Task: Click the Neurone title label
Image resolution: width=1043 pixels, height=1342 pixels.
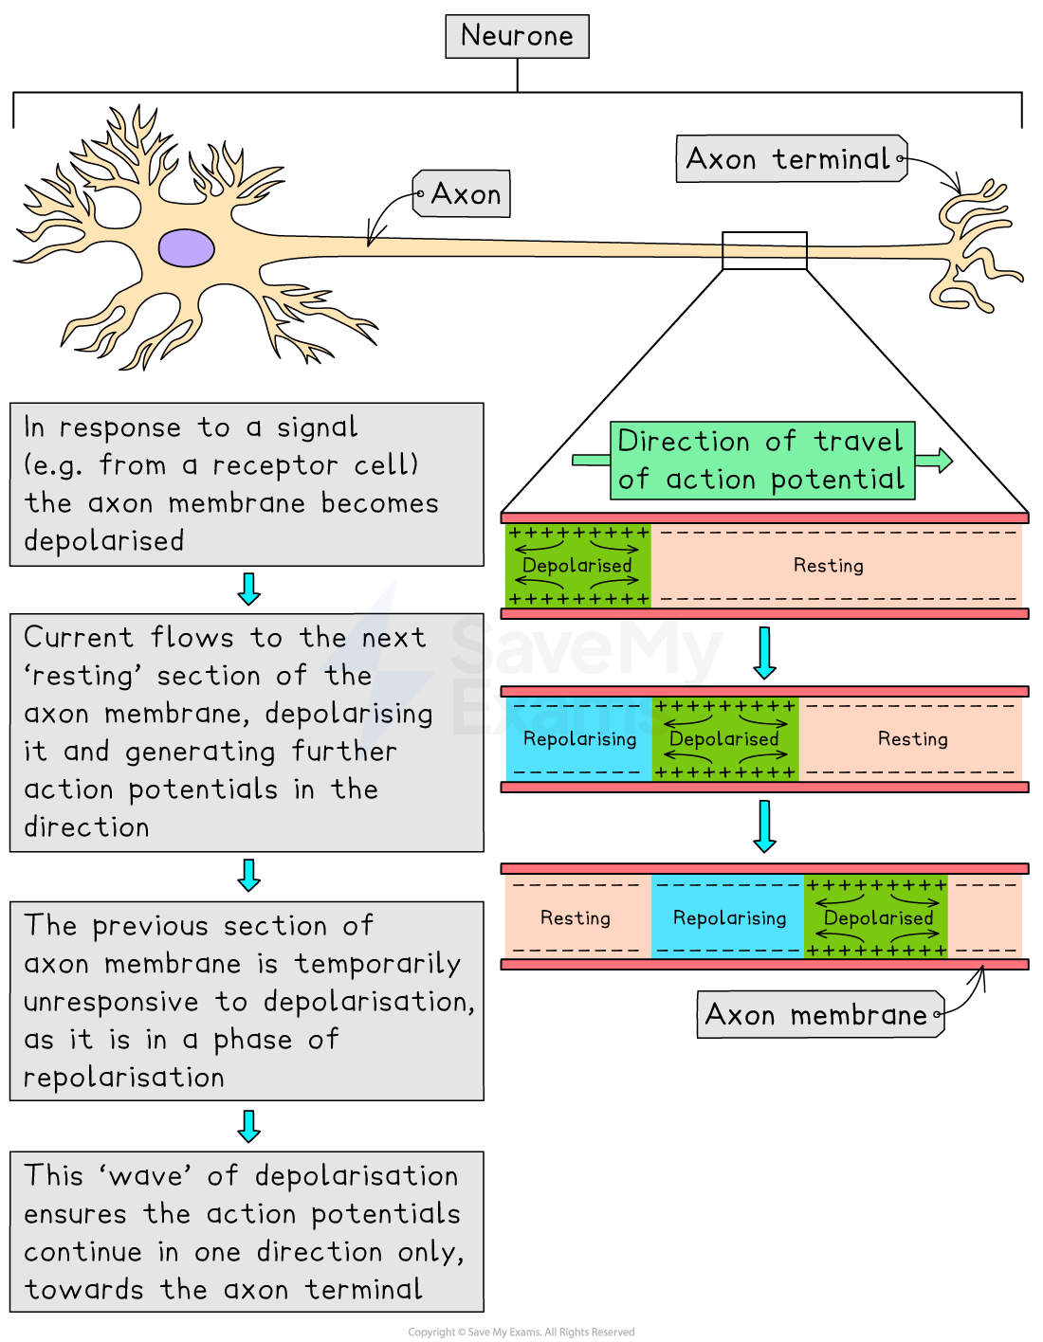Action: click(517, 36)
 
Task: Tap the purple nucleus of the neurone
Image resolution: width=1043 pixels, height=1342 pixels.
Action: click(186, 248)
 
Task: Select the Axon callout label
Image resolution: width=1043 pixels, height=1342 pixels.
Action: click(463, 194)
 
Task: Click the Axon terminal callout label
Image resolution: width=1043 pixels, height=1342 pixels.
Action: click(791, 159)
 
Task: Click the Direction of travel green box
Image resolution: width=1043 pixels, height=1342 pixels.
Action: click(762, 461)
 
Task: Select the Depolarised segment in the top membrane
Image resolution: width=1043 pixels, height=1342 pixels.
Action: click(577, 566)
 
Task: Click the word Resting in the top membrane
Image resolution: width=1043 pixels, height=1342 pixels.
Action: click(828, 566)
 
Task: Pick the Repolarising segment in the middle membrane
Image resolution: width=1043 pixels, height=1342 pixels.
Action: click(579, 739)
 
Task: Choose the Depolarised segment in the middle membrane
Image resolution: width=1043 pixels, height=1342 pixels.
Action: click(724, 739)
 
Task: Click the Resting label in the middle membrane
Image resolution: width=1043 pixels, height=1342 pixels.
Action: click(912, 739)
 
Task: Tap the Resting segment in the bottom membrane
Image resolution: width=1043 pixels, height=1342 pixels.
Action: click(576, 918)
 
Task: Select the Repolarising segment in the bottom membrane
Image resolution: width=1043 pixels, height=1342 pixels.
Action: click(729, 918)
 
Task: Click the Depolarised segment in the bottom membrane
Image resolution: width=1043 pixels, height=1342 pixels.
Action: click(877, 918)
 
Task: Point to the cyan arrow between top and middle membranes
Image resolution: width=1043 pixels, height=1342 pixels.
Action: click(764, 653)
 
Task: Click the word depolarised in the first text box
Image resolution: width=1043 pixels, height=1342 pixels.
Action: click(104, 541)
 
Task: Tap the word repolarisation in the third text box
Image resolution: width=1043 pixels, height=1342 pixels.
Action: click(124, 1078)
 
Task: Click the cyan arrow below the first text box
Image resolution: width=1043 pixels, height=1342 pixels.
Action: click(248, 589)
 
